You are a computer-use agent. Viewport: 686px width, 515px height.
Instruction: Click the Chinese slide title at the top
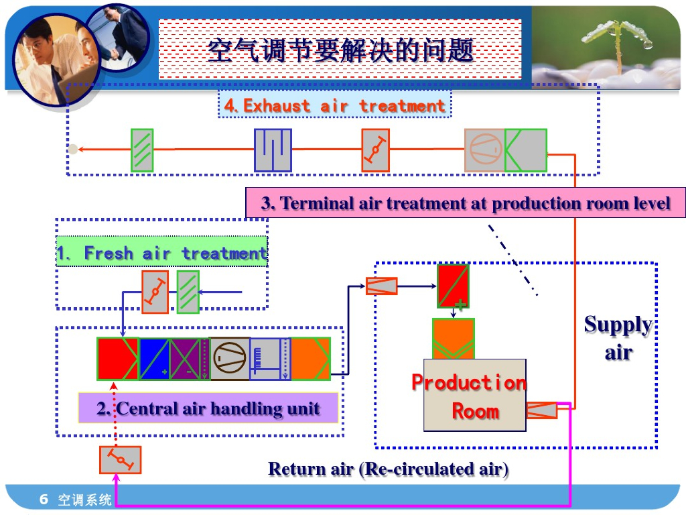coord(340,51)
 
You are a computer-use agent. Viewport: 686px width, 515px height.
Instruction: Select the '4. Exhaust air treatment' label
coord(334,105)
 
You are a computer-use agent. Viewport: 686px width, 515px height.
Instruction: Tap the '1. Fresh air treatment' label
coord(161,253)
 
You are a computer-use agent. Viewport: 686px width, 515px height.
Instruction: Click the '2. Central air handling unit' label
coord(208,408)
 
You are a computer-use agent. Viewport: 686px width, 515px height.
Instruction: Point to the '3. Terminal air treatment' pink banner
coord(466,203)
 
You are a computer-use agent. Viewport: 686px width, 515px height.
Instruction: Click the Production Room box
coord(474,395)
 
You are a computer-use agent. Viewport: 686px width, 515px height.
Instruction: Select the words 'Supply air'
coord(618,338)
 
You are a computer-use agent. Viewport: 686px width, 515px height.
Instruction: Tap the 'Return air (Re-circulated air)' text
coord(388,469)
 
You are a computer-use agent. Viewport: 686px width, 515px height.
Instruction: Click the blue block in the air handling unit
coord(154,359)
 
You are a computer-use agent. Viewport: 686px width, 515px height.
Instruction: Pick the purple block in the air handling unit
coord(185,359)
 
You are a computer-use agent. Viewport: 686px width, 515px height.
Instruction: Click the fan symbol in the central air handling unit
coord(229,359)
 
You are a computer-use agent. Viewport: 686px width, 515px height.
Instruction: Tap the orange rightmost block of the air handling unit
coord(310,359)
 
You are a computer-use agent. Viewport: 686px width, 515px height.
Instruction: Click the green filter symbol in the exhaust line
coord(142,150)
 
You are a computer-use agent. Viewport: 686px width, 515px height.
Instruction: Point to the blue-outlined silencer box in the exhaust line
coord(273,150)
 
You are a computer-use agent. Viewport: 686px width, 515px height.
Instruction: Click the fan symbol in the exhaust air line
coord(484,150)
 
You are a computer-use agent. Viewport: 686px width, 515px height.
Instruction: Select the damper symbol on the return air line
coord(120,460)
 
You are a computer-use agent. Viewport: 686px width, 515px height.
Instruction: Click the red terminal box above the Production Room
coord(453,286)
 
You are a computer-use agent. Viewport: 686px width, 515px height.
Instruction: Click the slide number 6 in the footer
coord(44,499)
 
